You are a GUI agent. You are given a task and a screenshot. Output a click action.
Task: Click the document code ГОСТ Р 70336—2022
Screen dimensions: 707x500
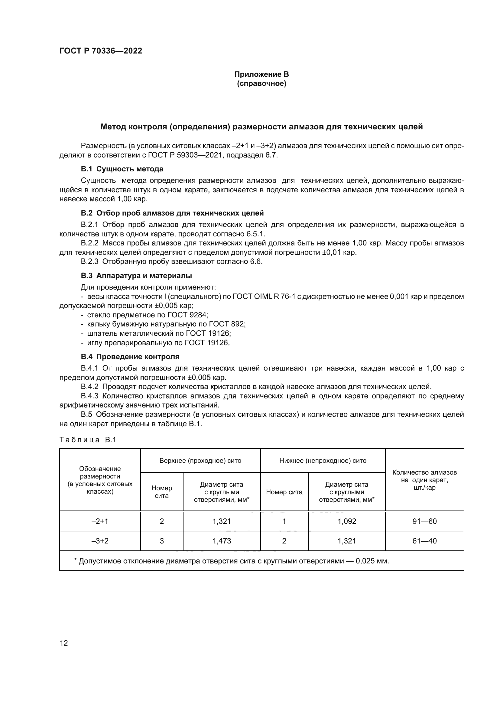point(101,51)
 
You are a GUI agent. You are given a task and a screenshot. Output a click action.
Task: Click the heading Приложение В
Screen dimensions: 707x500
point(261,74)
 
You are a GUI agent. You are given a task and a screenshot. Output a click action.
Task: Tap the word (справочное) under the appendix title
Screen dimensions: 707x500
point(261,83)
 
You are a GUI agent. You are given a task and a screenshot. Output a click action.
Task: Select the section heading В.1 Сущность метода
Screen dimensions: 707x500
point(122,169)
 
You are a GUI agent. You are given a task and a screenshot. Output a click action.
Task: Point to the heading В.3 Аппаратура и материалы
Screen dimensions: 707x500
point(136,276)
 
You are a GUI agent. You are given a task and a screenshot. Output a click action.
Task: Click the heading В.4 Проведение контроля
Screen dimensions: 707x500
point(130,357)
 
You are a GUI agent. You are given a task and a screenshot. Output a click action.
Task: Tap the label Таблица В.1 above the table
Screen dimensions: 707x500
point(88,440)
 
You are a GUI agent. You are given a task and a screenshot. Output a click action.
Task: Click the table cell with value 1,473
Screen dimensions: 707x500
point(222,541)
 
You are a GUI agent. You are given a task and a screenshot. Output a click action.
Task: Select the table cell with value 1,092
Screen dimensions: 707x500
point(347,521)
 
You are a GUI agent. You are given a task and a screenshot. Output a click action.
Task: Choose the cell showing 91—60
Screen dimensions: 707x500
point(424,521)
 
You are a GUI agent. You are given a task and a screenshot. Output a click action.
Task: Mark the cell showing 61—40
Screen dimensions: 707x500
point(424,541)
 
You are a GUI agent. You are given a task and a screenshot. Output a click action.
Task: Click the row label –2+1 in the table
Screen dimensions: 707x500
point(100,521)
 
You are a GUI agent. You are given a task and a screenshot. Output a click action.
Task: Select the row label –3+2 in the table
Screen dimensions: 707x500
point(100,541)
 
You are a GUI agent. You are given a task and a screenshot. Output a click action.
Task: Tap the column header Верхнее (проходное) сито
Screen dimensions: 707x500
point(200,461)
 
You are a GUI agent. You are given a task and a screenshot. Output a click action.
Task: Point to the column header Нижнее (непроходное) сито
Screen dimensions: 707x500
point(323,461)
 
